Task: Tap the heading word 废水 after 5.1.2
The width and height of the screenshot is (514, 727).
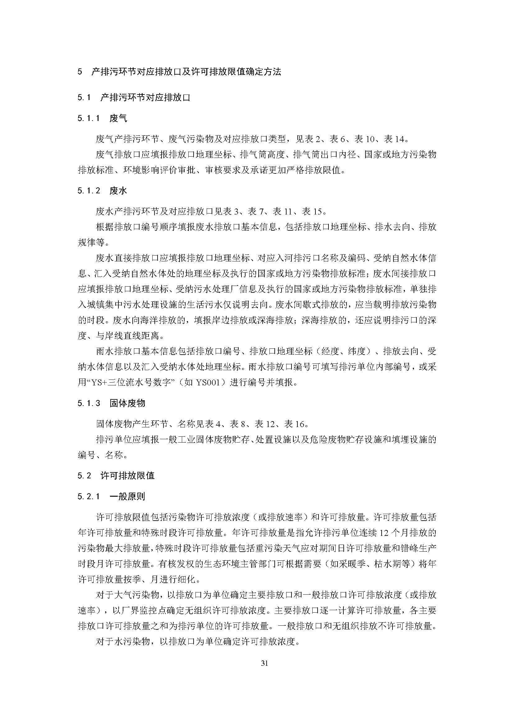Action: click(118, 191)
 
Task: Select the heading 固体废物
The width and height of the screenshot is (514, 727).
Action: click(127, 403)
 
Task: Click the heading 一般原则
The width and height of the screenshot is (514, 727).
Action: click(127, 496)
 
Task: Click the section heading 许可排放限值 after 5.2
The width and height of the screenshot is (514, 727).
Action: click(127, 476)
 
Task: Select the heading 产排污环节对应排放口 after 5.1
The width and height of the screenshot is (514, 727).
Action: click(145, 98)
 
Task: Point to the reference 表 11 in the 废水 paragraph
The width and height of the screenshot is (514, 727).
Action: click(282, 211)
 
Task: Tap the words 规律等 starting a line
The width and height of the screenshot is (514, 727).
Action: click(91, 242)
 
